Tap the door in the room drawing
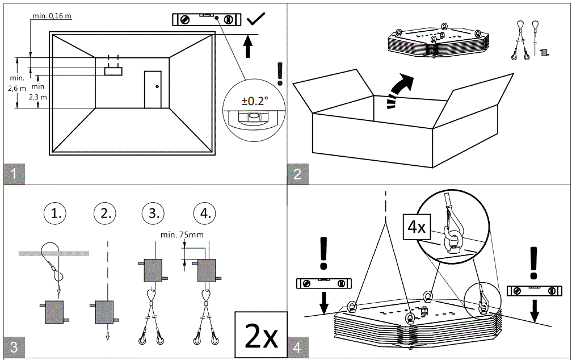pyautogui.click(x=153, y=89)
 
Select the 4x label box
pyautogui.click(x=416, y=227)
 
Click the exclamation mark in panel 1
pyautogui.click(x=279, y=74)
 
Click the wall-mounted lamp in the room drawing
pyautogui.click(x=113, y=70)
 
